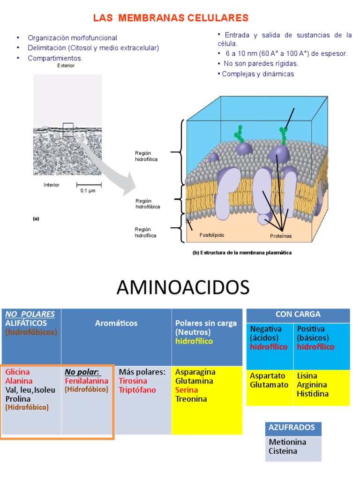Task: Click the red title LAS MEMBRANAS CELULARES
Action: click(x=171, y=18)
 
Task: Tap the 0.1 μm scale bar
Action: click(x=89, y=185)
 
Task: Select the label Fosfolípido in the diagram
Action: click(x=212, y=235)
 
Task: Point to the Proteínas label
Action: click(x=281, y=236)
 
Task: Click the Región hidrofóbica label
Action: click(x=148, y=204)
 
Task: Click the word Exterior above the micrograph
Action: click(x=66, y=66)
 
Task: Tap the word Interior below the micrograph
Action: click(x=52, y=185)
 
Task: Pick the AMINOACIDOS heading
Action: click(x=183, y=287)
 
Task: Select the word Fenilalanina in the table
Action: click(x=87, y=381)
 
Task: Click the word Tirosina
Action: click(x=133, y=381)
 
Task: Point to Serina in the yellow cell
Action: click(x=187, y=390)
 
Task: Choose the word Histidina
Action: click(x=313, y=394)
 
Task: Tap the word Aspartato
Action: click(x=268, y=375)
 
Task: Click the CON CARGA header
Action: click(x=298, y=315)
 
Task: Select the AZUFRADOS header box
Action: click(x=293, y=428)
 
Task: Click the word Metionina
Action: click(x=287, y=442)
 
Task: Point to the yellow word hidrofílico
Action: click(x=194, y=341)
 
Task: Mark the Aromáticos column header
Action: click(x=116, y=323)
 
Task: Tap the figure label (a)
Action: click(x=36, y=218)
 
